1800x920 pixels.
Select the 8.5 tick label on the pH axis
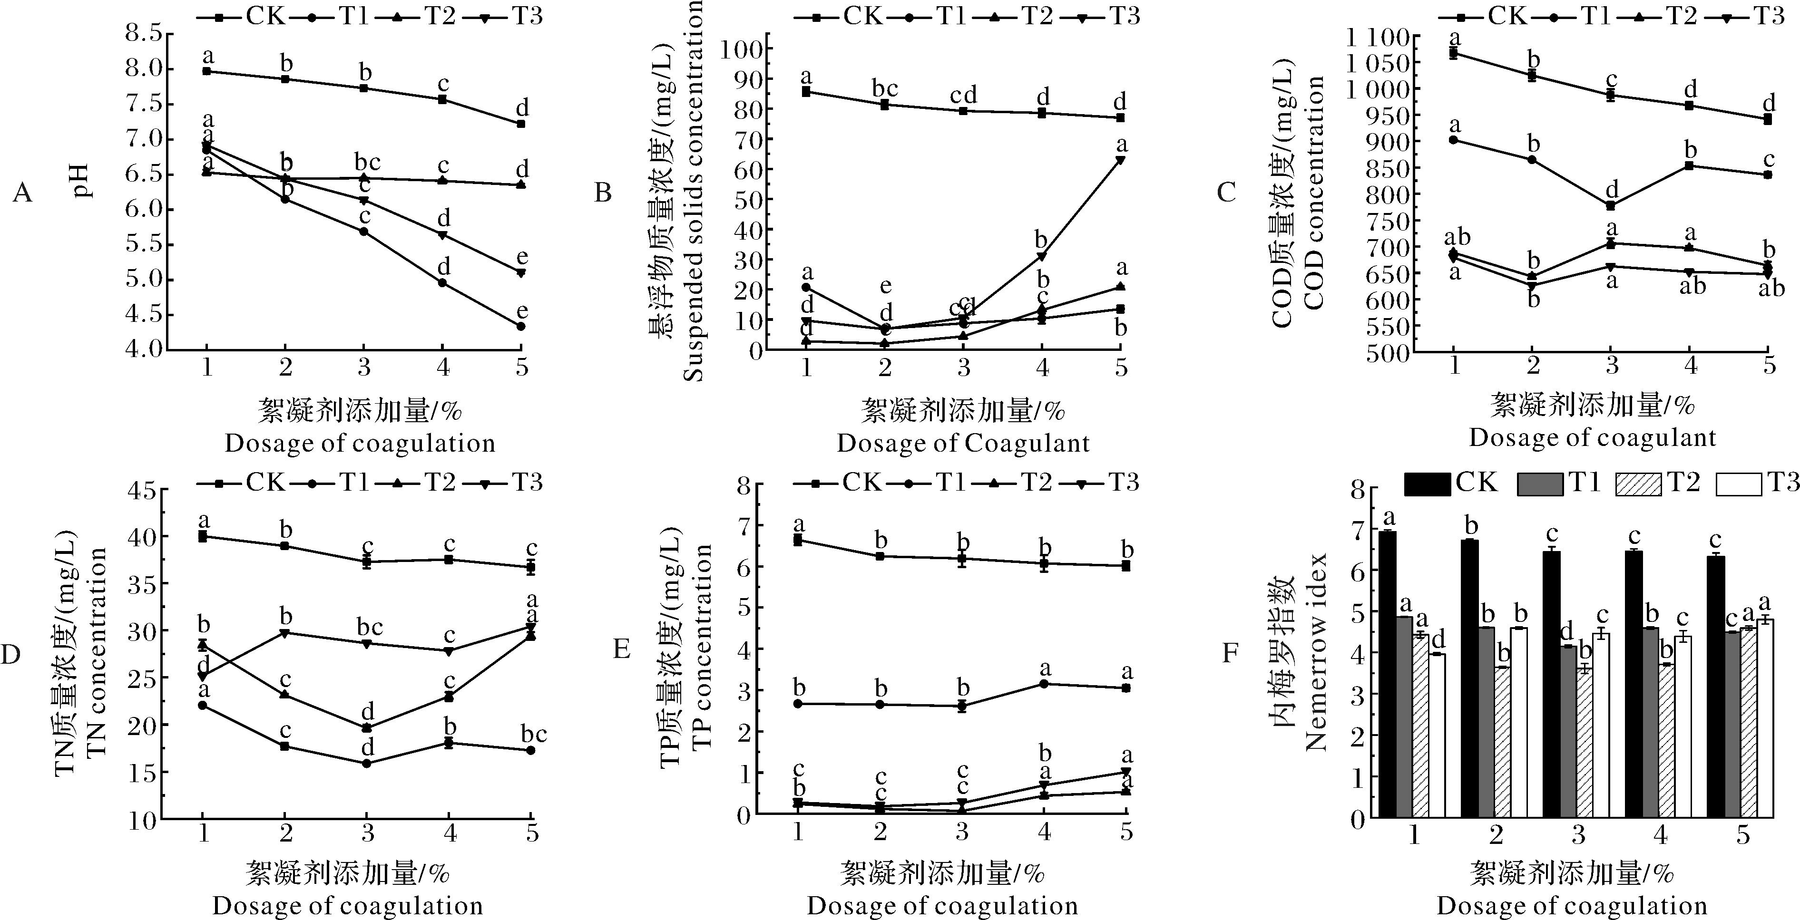point(144,33)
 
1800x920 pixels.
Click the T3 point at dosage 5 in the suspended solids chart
point(1120,160)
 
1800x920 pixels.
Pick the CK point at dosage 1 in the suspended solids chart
point(806,91)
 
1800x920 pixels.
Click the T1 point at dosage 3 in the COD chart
point(1611,205)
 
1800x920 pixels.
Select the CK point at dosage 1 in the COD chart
point(1453,53)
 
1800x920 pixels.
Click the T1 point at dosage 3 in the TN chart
point(366,764)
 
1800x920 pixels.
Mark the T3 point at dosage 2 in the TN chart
point(284,633)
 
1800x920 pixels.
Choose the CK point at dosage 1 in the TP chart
point(798,540)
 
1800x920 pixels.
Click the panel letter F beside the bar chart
point(1229,653)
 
